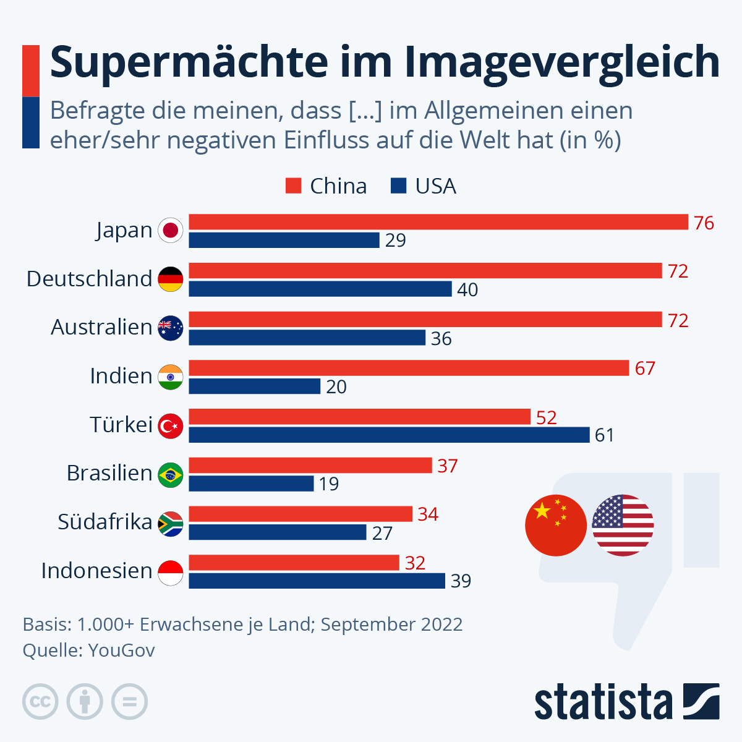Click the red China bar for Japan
tap(438, 222)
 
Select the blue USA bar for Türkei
tap(389, 435)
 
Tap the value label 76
tap(704, 223)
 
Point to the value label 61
tap(605, 435)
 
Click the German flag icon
tap(171, 279)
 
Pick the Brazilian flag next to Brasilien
tap(171, 474)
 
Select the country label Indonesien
tap(96, 570)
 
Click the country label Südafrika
tap(104, 522)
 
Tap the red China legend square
tap(293, 186)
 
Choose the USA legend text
tap(435, 186)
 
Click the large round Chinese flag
tap(555, 525)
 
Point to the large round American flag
tap(623, 525)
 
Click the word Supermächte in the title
tap(189, 62)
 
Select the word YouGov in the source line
tap(122, 650)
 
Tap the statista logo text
tap(603, 702)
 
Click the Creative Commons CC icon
tap(40, 702)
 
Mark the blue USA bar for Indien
tap(254, 386)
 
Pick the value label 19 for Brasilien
tap(329, 484)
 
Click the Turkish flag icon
tap(171, 426)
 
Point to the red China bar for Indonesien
tap(294, 563)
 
